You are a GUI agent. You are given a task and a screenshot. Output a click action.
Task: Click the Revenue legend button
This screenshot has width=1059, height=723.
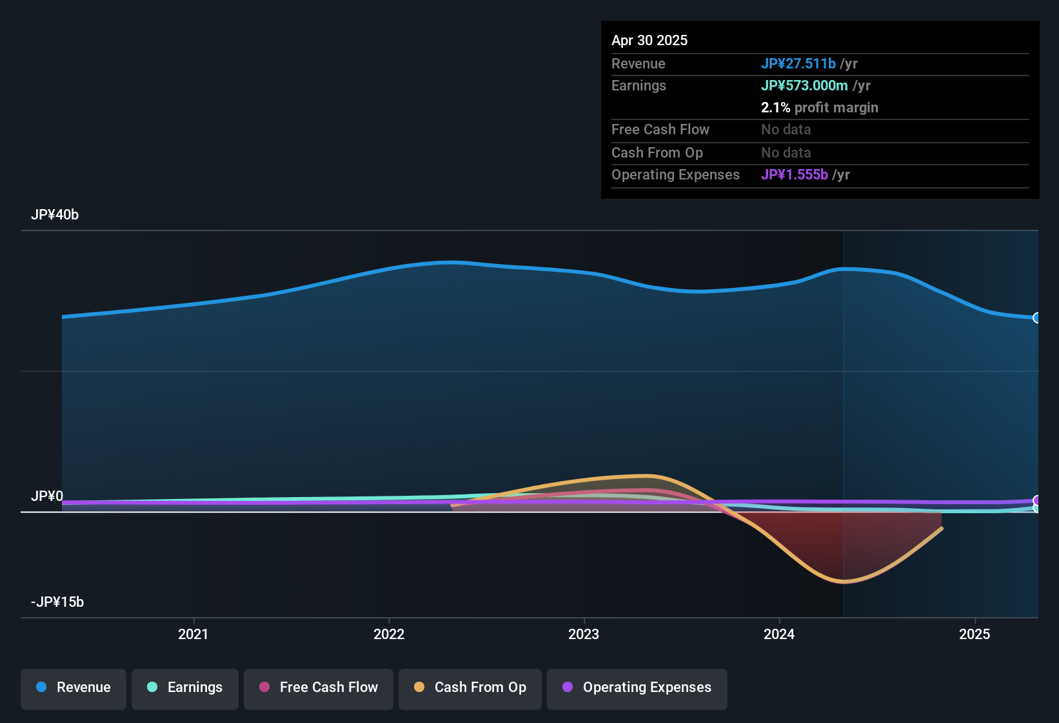tap(74, 687)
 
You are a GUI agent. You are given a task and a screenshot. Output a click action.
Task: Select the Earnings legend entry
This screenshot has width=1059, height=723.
tap(185, 687)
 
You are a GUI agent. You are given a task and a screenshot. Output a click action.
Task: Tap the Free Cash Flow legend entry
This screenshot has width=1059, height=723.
tap(319, 687)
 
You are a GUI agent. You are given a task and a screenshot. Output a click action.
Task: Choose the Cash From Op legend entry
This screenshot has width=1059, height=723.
tap(470, 687)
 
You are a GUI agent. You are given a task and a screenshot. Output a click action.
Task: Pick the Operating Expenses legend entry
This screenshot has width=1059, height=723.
tap(637, 687)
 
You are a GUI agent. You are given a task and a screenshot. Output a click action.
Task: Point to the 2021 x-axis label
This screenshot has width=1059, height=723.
tap(193, 635)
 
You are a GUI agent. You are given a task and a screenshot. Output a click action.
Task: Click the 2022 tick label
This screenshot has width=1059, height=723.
tap(389, 635)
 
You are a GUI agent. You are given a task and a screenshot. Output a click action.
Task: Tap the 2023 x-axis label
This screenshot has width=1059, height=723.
tap(584, 635)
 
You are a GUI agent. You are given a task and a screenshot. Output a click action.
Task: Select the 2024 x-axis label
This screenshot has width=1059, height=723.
tap(779, 635)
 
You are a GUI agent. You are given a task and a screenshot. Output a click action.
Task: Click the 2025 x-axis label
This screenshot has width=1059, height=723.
tap(975, 635)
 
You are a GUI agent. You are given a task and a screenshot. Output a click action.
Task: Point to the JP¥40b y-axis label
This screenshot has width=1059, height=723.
tap(55, 215)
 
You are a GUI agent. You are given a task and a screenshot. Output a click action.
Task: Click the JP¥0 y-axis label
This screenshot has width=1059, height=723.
tap(47, 496)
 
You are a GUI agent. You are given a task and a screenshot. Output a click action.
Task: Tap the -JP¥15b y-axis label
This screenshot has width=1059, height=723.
tap(57, 602)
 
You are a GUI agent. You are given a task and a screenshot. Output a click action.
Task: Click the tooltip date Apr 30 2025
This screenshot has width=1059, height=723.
tap(649, 41)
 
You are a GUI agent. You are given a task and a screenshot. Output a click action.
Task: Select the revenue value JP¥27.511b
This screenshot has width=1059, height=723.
tap(798, 64)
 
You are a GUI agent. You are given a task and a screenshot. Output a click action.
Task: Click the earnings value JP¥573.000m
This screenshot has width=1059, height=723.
tap(804, 86)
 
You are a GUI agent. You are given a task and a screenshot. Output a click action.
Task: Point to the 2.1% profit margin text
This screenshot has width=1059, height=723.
tap(819, 108)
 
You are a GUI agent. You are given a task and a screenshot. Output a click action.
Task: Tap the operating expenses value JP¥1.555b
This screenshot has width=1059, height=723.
tap(795, 175)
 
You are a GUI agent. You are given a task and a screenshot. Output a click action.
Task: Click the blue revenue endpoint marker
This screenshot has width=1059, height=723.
tap(1036, 318)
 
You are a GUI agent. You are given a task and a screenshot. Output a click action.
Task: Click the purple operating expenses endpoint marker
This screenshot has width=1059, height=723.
tap(1036, 500)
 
